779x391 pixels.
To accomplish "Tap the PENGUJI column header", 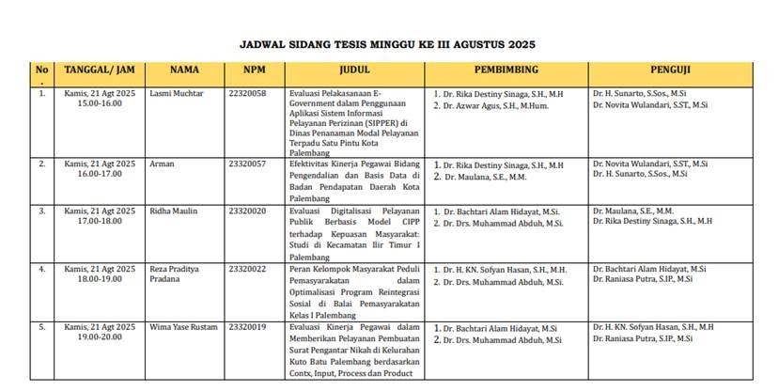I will tap(671, 70).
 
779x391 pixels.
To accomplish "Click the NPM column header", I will tap(254, 70).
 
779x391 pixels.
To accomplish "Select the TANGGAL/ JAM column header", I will tap(100, 70).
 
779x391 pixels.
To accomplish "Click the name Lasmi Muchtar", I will tap(177, 94).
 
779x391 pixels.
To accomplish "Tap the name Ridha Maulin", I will tap(174, 211).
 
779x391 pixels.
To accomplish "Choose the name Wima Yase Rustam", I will tap(184, 327).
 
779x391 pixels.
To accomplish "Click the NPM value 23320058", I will tap(247, 94).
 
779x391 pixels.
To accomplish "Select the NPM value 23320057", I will tap(247, 164).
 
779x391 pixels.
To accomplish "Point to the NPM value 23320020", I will tap(247, 211).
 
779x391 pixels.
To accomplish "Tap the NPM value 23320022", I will tap(247, 270).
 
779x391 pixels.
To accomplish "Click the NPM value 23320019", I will tap(247, 327).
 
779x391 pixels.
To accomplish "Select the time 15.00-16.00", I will tap(100, 104).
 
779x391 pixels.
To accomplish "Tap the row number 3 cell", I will tap(41, 211).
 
